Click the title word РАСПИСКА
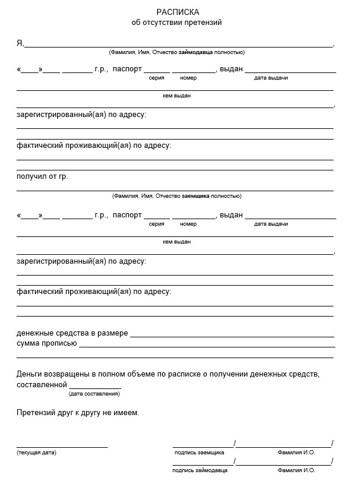click(178, 12)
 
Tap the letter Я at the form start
click(20, 43)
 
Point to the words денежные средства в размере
click(72, 333)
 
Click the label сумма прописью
click(46, 344)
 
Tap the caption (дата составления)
click(94, 394)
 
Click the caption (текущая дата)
click(36, 453)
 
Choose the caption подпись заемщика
click(199, 453)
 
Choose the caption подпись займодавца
click(200, 470)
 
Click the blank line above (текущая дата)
click(62, 446)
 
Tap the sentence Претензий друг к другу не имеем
click(78, 413)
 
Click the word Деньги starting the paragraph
click(30, 374)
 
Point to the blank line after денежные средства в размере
click(232, 336)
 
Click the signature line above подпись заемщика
click(203, 446)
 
